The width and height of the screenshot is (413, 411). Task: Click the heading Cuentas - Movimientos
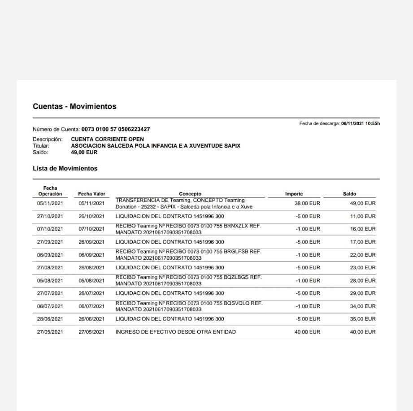(74, 107)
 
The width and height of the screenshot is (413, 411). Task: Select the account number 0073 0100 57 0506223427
(116, 129)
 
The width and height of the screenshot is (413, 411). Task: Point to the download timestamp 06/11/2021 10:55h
(360, 123)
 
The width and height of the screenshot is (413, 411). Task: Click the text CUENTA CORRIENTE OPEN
(107, 140)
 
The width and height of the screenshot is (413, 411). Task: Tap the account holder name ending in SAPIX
(156, 146)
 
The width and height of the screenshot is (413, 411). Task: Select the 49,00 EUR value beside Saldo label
(84, 152)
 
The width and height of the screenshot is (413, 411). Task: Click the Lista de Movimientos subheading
(65, 169)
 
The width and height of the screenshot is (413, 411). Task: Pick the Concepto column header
(190, 194)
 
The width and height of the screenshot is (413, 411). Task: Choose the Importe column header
(294, 194)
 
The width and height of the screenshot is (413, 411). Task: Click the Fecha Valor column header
(91, 194)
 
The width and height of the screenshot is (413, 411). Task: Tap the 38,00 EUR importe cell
(307, 203)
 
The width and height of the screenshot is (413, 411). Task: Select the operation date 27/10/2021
(50, 216)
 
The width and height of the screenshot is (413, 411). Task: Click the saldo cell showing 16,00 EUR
(363, 229)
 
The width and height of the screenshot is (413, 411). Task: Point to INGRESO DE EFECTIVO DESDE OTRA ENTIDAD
(175, 332)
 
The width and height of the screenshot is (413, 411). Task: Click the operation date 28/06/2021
(50, 319)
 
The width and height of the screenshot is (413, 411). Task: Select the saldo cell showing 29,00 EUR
(363, 293)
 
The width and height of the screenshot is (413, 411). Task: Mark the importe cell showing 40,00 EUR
(307, 332)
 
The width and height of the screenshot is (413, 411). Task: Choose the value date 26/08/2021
(91, 268)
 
